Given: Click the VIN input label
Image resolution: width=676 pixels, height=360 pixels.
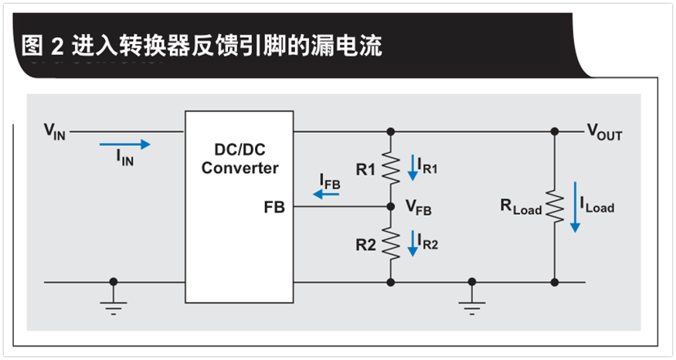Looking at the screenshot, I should point(54,131).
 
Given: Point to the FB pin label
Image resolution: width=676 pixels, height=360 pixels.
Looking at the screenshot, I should point(274,207).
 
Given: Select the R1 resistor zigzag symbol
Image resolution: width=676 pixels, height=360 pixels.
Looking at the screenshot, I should point(391,168).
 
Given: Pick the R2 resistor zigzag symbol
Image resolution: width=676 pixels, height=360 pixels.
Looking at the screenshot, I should point(391,245).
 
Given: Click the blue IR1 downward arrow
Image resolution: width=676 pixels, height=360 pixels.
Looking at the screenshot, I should point(413,168).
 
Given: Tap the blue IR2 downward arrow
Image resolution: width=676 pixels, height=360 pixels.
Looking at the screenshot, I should point(413,245).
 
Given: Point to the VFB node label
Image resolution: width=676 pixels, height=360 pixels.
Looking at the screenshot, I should point(419,208).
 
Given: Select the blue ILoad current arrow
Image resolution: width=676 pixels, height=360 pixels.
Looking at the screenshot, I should point(575,206).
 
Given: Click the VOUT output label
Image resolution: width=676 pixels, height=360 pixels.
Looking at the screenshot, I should point(604,133).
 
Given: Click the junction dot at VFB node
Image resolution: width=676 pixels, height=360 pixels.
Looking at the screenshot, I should point(391,207).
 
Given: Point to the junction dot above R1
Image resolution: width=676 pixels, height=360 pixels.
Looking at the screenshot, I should point(391,131).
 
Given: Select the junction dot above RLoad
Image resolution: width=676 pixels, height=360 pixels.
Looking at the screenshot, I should point(555,131).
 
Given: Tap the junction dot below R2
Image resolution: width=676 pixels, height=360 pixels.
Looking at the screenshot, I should point(391,282).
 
